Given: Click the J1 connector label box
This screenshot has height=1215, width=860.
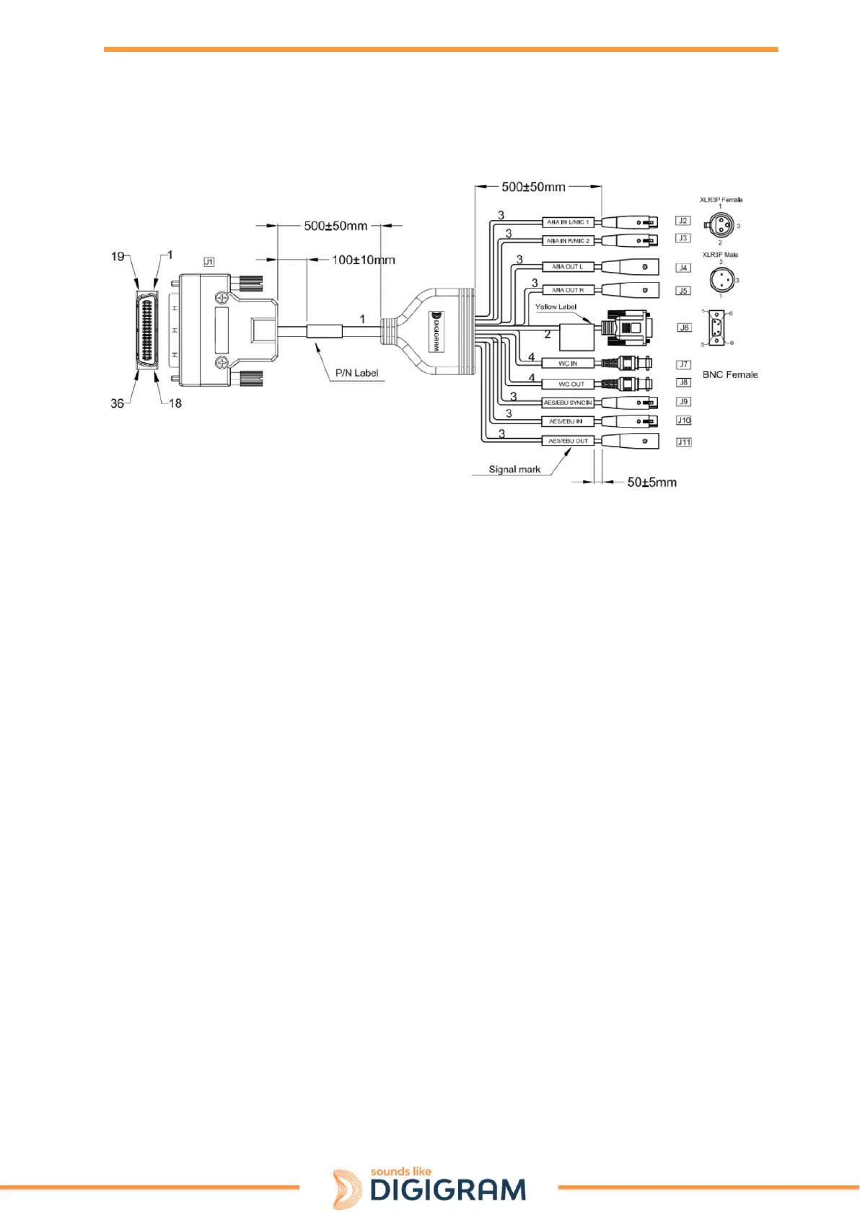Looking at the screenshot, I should point(209,262).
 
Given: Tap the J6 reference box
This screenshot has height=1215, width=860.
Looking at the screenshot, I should point(684,328).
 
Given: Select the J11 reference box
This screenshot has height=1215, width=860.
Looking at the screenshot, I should point(684,442).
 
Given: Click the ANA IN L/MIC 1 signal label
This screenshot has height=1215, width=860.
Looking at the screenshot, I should point(568,222).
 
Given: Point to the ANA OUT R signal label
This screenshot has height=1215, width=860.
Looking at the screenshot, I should point(568,290).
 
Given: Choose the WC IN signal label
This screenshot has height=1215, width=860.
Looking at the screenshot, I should point(568,364).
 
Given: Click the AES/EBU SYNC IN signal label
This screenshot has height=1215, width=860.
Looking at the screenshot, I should point(568,403).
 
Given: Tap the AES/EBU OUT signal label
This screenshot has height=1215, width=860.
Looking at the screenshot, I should point(568,441).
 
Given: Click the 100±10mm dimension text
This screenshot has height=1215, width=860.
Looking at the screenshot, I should point(364,260).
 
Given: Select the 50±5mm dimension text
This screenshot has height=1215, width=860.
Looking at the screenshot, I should point(651,482).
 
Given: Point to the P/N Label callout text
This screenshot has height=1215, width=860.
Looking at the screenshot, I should point(356,373).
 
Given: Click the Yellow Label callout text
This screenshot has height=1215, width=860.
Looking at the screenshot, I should point(556,307).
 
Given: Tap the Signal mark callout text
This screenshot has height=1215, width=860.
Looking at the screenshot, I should point(514,469).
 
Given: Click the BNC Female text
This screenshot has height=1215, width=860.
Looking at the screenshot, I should point(730,374).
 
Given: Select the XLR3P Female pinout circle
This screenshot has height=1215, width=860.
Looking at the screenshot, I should point(721,224).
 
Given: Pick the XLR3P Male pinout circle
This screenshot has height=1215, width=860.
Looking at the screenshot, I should point(721,278).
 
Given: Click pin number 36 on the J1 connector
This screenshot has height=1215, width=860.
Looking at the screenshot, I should point(117,403).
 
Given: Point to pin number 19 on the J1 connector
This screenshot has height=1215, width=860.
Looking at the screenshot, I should point(118,256).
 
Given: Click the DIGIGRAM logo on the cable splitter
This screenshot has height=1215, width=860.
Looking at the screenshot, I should point(435,330).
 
